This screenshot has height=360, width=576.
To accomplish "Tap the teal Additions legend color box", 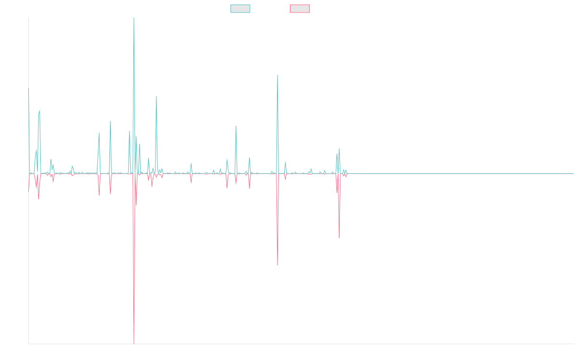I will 240,9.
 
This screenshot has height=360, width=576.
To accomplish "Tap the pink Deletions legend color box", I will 300,9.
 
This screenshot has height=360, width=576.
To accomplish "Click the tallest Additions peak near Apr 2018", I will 133,18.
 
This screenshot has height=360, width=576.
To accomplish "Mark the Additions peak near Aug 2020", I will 277,75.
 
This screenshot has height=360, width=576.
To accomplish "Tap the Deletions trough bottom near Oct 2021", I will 339,238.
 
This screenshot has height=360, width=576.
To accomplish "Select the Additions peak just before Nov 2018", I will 156,96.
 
